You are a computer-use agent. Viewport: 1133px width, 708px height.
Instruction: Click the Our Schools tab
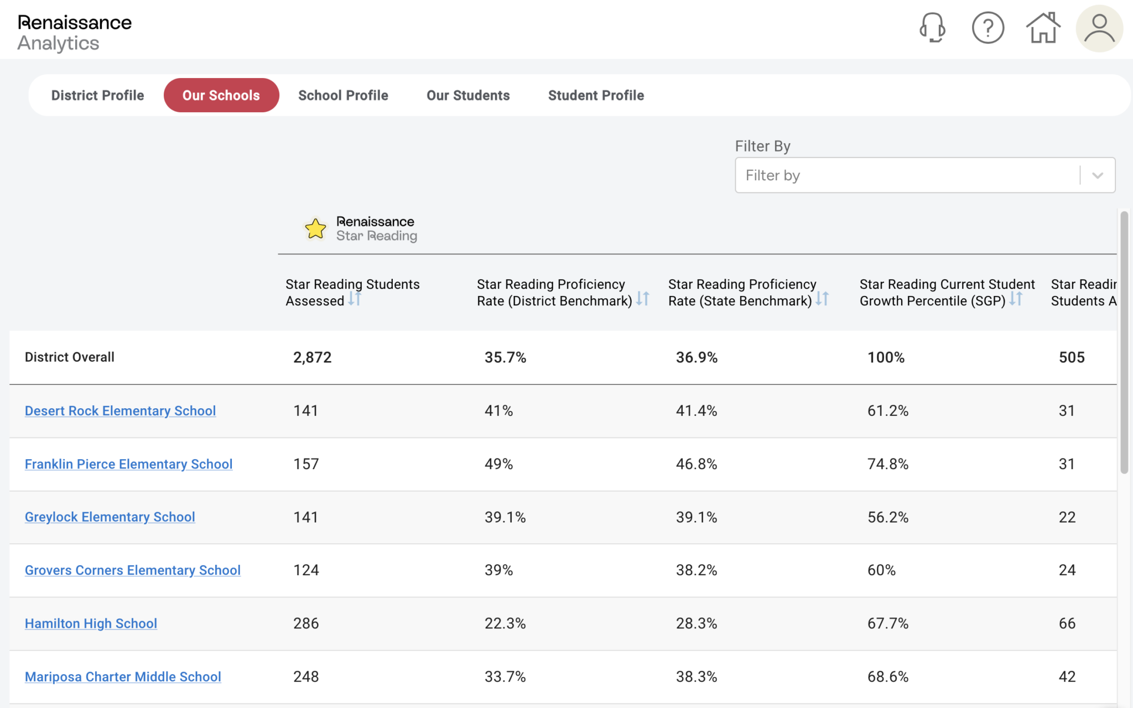point(221,95)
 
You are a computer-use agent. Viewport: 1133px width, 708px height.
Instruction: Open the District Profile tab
point(97,95)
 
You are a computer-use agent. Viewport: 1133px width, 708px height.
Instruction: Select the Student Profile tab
point(596,95)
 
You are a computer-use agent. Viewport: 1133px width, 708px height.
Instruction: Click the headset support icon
point(932,28)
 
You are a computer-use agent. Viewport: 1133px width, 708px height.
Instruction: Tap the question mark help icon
point(988,28)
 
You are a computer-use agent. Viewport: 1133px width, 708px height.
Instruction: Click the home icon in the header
point(1043,28)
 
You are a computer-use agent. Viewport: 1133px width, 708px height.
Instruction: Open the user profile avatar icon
point(1099,28)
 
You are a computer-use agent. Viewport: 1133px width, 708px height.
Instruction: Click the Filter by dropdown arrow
point(1098,175)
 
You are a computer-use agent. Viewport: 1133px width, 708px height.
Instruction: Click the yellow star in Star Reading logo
point(315,228)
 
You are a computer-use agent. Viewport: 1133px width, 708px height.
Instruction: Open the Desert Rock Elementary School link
point(120,411)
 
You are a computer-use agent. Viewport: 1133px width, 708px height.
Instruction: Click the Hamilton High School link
point(91,623)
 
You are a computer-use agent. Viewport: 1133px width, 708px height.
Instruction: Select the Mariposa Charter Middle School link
point(123,676)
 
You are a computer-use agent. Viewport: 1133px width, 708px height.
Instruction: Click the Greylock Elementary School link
point(110,517)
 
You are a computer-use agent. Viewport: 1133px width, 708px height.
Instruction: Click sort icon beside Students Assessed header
point(355,299)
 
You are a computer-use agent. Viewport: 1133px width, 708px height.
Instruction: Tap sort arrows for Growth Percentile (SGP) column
point(1016,299)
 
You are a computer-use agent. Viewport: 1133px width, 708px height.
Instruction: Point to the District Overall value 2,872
point(312,357)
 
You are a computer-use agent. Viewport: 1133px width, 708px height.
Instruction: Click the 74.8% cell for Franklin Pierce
point(887,464)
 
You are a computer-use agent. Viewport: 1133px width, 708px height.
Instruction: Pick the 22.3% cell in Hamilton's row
point(505,623)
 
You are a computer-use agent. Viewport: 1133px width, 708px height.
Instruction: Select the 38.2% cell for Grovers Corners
point(696,570)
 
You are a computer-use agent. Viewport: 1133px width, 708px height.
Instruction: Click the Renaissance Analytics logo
point(74,32)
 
